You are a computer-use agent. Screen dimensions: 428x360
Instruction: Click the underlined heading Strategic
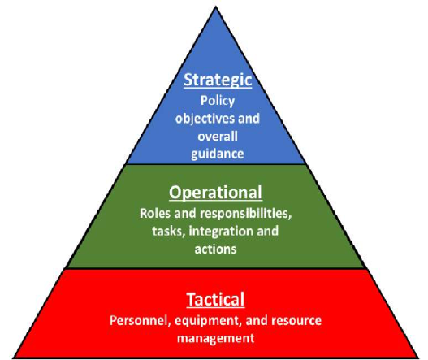tap(218, 80)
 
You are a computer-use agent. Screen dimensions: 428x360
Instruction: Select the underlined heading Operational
tap(216, 193)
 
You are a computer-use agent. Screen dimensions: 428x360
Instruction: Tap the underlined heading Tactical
tap(216, 299)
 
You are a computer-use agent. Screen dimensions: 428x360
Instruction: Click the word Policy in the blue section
tap(218, 101)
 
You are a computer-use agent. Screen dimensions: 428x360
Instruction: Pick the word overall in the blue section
tap(218, 136)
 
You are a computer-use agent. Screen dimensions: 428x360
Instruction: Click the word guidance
tap(218, 154)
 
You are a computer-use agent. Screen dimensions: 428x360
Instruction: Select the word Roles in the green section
tap(155, 214)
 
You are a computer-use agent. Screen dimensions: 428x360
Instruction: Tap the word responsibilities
tap(245, 214)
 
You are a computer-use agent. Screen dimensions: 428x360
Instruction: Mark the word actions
tap(215, 249)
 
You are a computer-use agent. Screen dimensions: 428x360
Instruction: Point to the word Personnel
tap(141, 321)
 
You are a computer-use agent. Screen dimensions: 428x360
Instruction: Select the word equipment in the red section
tap(208, 321)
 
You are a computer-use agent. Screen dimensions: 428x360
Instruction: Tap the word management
tap(216, 339)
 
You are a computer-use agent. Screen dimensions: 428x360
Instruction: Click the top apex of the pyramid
tap(216, 7)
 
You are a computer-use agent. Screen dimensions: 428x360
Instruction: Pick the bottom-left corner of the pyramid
tap(14, 358)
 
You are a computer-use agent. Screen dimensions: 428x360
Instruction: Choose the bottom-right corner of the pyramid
tap(419, 358)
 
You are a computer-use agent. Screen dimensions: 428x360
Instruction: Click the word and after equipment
tap(257, 321)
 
